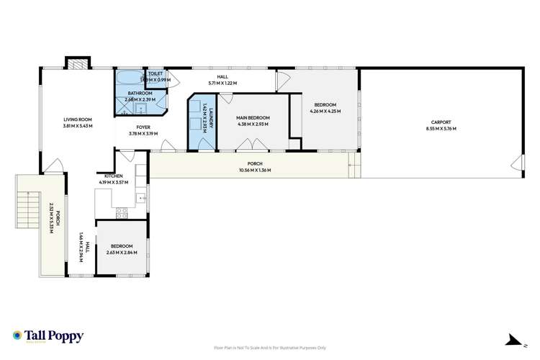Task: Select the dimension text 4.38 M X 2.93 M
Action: click(x=253, y=124)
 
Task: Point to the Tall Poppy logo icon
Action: click(x=17, y=335)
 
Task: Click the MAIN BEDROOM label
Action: click(x=253, y=117)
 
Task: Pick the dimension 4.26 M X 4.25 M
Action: click(x=324, y=111)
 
